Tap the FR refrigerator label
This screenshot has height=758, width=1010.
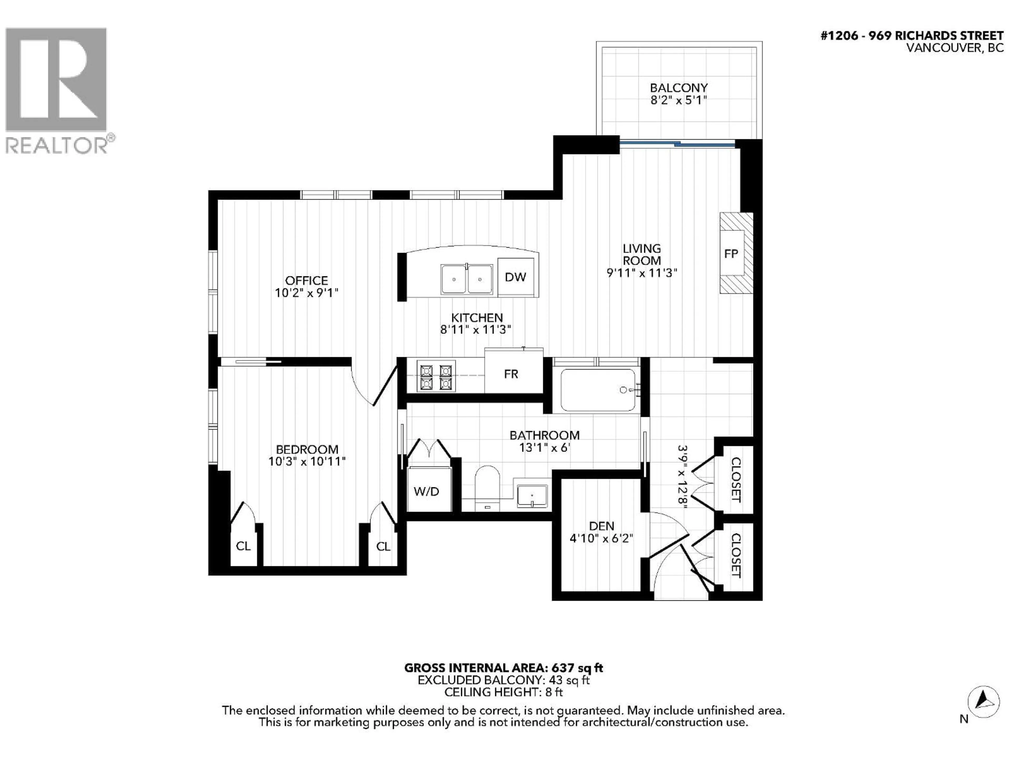click(x=511, y=374)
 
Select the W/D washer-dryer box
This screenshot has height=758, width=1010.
click(x=426, y=491)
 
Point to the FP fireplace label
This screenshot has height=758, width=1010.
click(x=731, y=253)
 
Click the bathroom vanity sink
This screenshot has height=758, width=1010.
click(x=532, y=496)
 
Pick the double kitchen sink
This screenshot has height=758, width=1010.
click(x=467, y=279)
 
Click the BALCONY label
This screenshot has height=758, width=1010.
click(x=679, y=88)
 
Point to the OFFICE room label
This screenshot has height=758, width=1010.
click(x=306, y=281)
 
